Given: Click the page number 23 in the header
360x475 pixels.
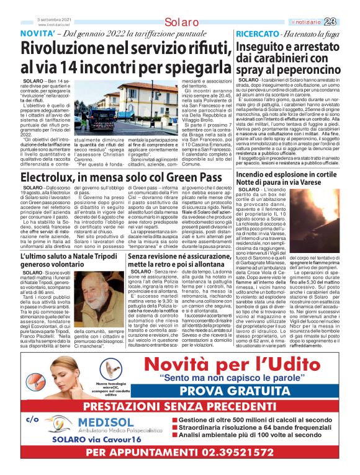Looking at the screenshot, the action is click(346, 5).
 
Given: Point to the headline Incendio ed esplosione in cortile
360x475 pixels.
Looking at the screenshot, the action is click(288, 164).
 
